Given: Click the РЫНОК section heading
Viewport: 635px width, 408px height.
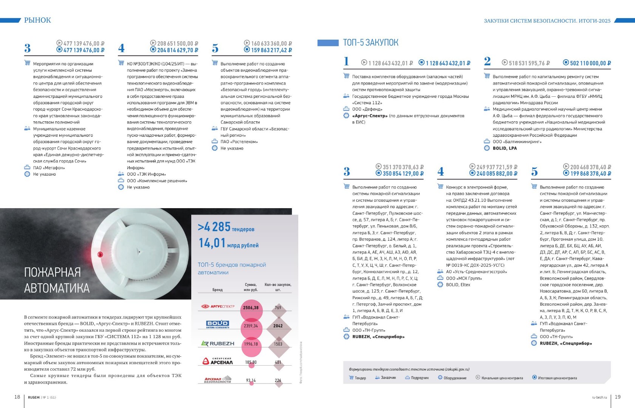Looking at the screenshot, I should pos(37,20).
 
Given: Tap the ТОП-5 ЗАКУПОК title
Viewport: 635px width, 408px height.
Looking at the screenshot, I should pos(370,43).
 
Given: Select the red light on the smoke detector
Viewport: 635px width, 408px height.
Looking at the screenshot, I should pos(100,254).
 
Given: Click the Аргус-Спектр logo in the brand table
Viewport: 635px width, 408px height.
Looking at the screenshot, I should pos(218,306).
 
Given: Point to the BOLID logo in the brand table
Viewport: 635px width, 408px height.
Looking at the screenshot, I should pos(218,324).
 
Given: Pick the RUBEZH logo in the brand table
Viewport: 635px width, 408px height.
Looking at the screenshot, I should pos(218,344).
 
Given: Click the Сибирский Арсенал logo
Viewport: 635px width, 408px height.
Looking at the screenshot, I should pos(218,362).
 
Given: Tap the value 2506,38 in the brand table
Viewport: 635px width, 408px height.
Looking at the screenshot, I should pos(251,308).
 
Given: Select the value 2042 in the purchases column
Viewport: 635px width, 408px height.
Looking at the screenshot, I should pos(278,326).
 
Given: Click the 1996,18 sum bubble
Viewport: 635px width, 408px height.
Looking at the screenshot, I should pos(251,344).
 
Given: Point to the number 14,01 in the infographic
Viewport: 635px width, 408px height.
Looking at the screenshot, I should pos(212,243).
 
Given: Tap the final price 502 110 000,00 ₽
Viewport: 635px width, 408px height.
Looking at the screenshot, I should pos(590,63).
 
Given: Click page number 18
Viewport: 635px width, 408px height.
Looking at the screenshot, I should pos(17,397).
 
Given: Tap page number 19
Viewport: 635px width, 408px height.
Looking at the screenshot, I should pos(618,397).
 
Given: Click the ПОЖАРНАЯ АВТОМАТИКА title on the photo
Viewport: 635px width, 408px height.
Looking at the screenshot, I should pos(57,280).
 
